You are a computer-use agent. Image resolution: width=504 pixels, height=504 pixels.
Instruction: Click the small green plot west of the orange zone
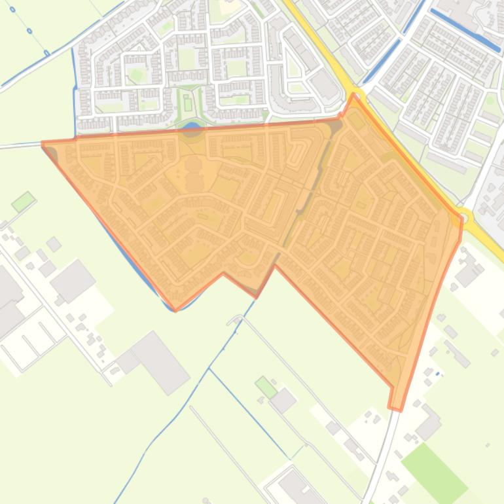(x=23, y=202)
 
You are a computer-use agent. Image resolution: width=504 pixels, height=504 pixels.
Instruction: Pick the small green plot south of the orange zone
(x=266, y=386)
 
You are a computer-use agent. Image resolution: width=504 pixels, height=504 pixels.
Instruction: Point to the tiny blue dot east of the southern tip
(x=438, y=374)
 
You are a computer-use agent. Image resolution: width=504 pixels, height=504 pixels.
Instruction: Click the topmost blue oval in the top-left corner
(x=12, y=10)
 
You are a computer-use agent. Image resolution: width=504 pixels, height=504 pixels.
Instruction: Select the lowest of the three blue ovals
(x=46, y=53)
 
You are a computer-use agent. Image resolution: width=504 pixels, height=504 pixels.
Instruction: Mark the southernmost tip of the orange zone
(x=395, y=409)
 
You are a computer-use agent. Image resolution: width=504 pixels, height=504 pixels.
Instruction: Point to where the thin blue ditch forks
(x=209, y=369)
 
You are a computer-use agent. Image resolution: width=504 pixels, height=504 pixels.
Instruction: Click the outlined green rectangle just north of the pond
(x=189, y=104)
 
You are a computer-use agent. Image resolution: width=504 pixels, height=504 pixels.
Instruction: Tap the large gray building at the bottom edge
(x=298, y=488)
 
